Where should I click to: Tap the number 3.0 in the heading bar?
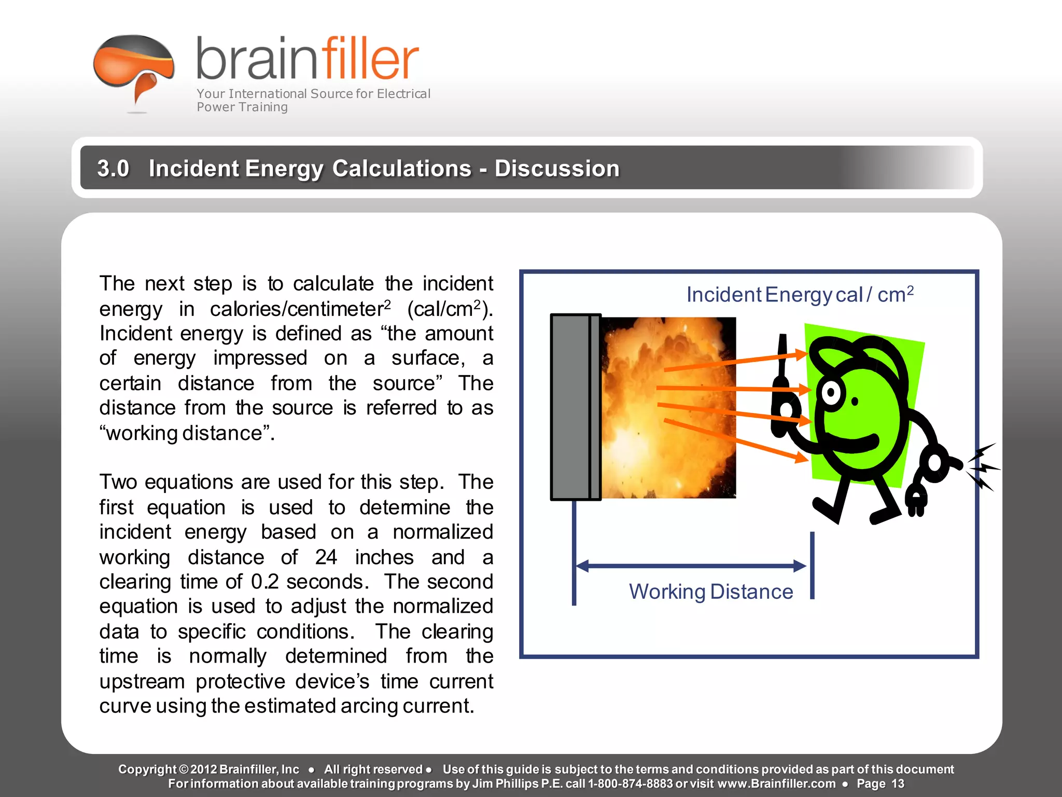113,169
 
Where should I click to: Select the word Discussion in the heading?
557,169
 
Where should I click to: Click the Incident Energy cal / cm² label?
799,295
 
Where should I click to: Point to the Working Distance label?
710,592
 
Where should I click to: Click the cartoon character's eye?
831,393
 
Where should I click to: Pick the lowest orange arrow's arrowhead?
801,458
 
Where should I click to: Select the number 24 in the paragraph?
326,557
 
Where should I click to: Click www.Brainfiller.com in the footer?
776,784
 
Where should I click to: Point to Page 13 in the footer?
880,784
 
